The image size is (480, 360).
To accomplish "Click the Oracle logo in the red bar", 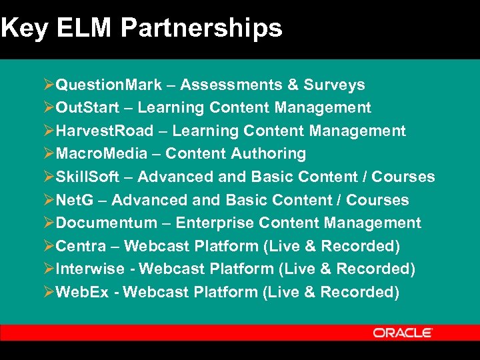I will point(403,333).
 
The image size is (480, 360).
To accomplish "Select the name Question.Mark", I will point(109,85).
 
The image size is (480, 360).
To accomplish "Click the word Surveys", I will point(334,85).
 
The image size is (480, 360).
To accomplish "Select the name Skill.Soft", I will point(87,177).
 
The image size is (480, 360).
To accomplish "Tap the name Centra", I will point(81,246).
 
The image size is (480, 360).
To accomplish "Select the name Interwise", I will point(90,269).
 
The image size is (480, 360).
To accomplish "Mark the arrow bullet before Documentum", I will point(49,223).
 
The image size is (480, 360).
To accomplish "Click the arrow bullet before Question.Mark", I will point(49,85).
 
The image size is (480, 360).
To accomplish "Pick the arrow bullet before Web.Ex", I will point(49,292).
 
